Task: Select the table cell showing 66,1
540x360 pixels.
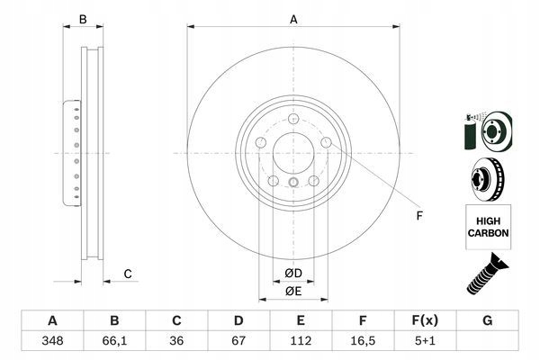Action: click(x=114, y=342)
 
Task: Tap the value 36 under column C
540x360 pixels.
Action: click(x=176, y=342)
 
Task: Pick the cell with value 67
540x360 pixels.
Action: click(x=238, y=342)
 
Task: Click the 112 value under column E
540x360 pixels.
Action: click(x=301, y=342)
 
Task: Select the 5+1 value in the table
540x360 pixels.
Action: click(x=425, y=342)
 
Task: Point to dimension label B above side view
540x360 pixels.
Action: click(x=82, y=18)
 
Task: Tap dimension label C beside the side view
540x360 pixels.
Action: click(x=128, y=274)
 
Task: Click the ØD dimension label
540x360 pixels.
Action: click(x=294, y=273)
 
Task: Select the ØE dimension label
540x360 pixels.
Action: click(x=294, y=291)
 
